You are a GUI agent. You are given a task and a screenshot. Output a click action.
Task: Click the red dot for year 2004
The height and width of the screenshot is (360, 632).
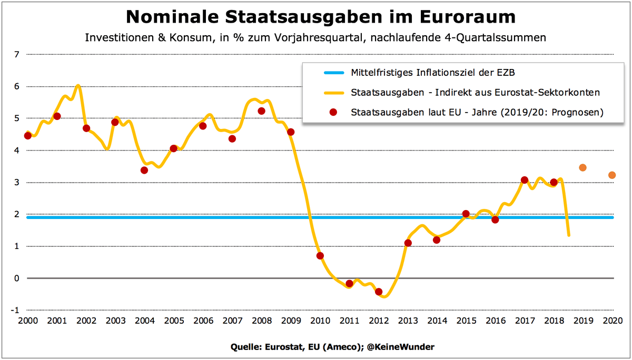[x=144, y=170]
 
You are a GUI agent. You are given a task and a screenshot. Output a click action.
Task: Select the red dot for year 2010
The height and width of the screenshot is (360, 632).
[x=320, y=256]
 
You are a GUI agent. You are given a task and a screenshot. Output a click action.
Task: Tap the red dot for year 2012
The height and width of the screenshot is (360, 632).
[x=378, y=292]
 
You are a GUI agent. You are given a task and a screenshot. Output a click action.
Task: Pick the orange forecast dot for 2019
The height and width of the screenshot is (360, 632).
[x=582, y=168]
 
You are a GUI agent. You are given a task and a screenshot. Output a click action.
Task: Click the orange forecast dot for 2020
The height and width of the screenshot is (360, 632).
[x=611, y=175]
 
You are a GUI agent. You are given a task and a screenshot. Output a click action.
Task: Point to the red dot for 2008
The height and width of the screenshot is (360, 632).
[x=261, y=111]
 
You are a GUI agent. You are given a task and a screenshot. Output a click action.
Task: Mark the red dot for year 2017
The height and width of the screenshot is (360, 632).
[x=524, y=180]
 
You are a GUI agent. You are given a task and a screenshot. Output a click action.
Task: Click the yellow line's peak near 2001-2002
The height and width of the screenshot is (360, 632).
[x=78, y=85]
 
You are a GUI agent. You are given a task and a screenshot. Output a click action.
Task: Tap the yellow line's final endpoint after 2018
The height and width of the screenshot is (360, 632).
[x=569, y=235]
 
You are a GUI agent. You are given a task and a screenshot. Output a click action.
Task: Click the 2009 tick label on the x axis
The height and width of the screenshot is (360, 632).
[x=290, y=321]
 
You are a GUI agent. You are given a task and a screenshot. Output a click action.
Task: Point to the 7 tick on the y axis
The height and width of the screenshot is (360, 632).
[x=16, y=54]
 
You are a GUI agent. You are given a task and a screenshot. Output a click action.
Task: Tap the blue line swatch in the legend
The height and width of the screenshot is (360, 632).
[x=325, y=73]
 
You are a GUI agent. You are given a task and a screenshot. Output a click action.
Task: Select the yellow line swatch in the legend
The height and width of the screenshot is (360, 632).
[x=325, y=93]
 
